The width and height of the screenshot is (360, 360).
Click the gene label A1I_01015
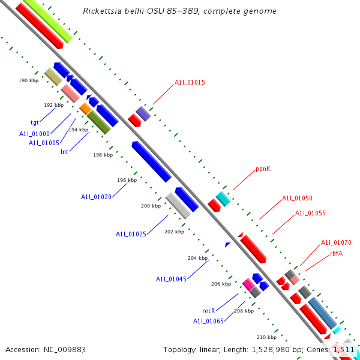coord(190,82)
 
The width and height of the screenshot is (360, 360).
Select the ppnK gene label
coord(263,169)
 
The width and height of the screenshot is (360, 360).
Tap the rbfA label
coord(336,253)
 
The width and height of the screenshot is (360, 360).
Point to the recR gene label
coord(208,311)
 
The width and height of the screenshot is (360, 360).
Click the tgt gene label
coord(35,122)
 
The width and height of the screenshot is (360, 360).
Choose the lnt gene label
coord(64,152)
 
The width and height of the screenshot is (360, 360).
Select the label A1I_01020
coord(96,196)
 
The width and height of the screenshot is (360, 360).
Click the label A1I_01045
coord(171,279)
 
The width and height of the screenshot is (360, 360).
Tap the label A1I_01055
coord(310,213)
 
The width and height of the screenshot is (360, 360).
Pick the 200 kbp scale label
coord(151,206)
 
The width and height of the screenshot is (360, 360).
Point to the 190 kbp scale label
coord(28,80)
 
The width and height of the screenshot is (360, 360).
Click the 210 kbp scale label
coord(266,337)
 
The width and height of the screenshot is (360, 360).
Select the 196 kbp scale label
coord(103,154)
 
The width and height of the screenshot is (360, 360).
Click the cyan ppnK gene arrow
coord(223,199)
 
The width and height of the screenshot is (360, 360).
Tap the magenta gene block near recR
coord(247,284)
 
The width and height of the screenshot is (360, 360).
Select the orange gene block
coord(85,109)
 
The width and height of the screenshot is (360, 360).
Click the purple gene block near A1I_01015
coord(143,113)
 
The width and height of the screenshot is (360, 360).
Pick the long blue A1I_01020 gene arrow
coord(151,161)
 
